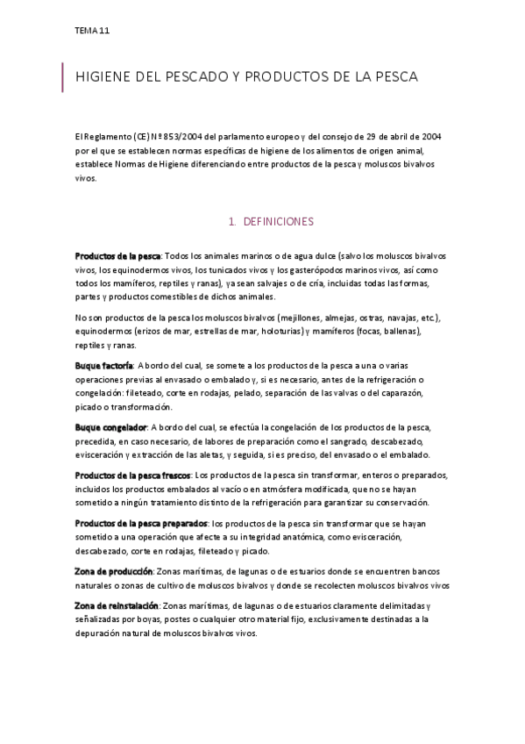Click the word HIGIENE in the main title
point(103,77)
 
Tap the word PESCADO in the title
point(192,77)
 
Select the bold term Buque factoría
point(104,364)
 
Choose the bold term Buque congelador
point(110,427)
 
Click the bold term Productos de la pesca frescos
point(131,475)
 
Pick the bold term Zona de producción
point(114,571)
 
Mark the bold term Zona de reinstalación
point(117,605)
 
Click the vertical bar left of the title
point(63,77)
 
